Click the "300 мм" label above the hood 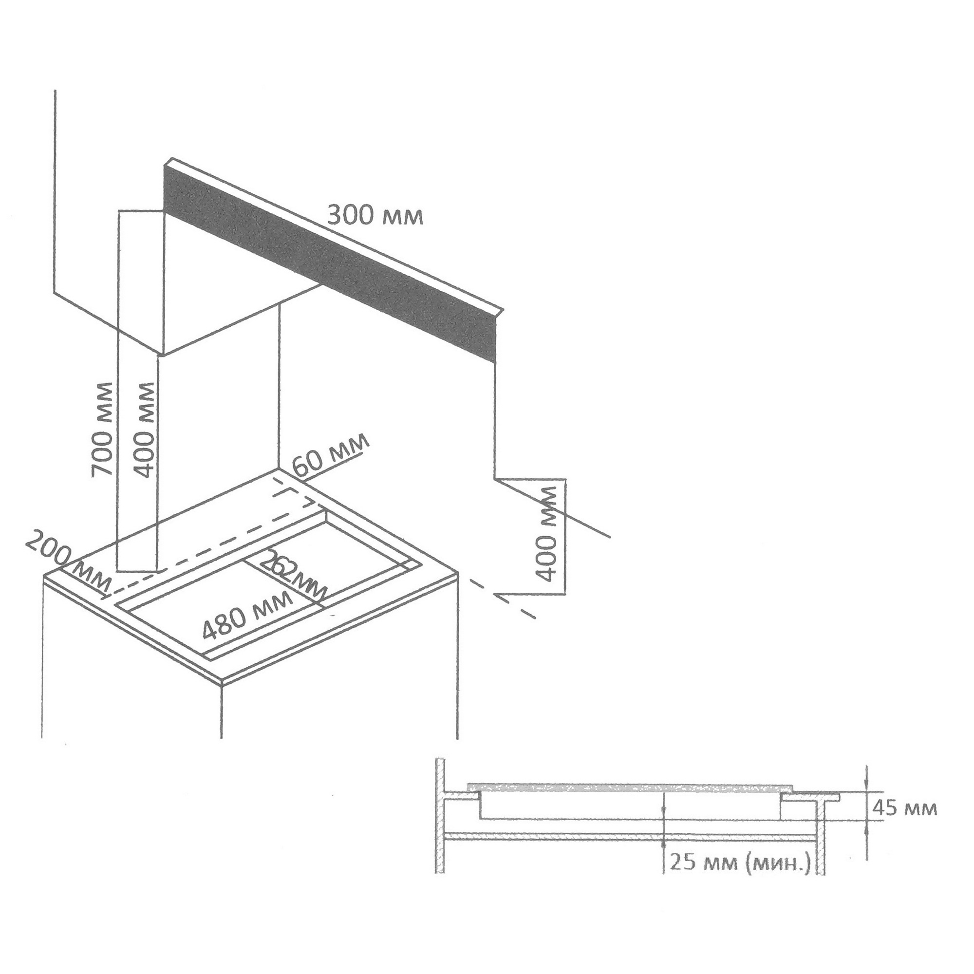[375, 215]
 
